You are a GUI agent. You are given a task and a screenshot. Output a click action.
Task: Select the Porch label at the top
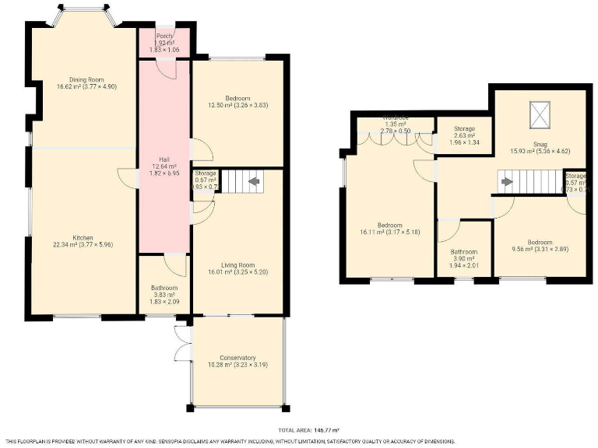click(x=164, y=37)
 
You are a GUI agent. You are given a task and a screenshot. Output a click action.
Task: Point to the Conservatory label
click(x=238, y=358)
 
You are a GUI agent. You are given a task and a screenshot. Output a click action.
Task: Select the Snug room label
click(x=540, y=144)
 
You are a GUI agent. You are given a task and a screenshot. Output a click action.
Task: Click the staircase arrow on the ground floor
click(x=253, y=183)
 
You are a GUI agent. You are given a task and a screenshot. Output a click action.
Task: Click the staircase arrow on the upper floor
click(x=507, y=183)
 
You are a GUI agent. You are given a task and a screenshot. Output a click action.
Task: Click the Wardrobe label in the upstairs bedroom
click(x=396, y=118)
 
